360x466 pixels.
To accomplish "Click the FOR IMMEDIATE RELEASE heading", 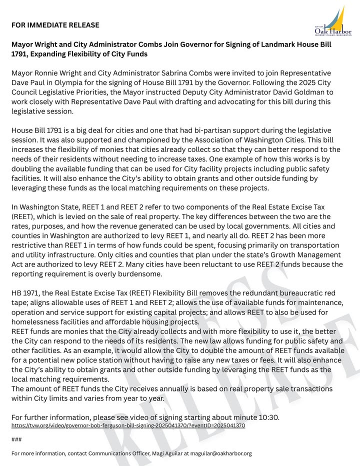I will point(55,25).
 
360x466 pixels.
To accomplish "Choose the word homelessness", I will point(35,321).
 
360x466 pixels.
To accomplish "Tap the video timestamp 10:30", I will point(270,417).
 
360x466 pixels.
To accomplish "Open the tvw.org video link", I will point(128,425).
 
